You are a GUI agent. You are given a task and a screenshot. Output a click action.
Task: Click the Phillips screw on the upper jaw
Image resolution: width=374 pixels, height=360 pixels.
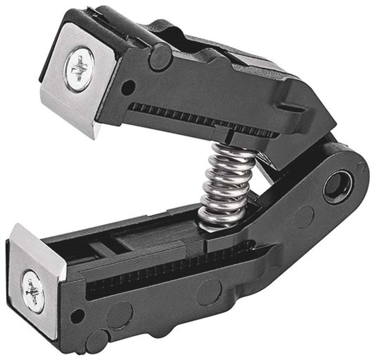click(x=79, y=69)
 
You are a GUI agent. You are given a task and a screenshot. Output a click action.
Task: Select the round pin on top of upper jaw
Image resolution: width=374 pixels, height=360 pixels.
click(x=160, y=56)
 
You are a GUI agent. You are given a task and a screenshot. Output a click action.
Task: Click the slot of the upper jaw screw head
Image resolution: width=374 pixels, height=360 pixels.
click(x=79, y=69)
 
